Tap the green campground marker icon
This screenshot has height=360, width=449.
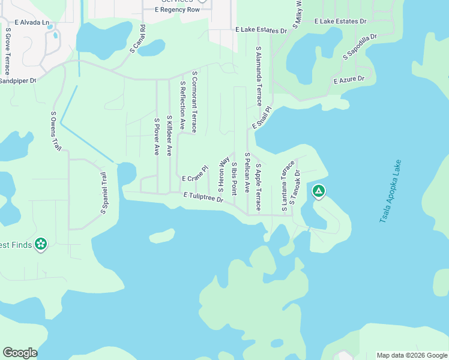click(319, 191)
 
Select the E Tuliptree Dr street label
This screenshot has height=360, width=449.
click(203, 197)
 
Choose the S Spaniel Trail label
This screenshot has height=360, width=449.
click(103, 193)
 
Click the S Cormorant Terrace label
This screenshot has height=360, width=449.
click(194, 101)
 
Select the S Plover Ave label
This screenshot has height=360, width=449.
click(157, 137)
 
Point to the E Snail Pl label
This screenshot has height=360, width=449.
click(259, 118)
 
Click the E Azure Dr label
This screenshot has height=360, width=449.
click(349, 79)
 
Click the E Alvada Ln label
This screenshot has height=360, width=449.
click(32, 22)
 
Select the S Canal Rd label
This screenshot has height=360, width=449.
click(137, 38)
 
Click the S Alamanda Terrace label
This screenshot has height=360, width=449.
click(259, 76)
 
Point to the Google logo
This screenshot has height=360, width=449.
click(20, 353)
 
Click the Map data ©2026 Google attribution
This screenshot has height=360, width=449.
click(412, 355)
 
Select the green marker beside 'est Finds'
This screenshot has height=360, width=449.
click(41, 244)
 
